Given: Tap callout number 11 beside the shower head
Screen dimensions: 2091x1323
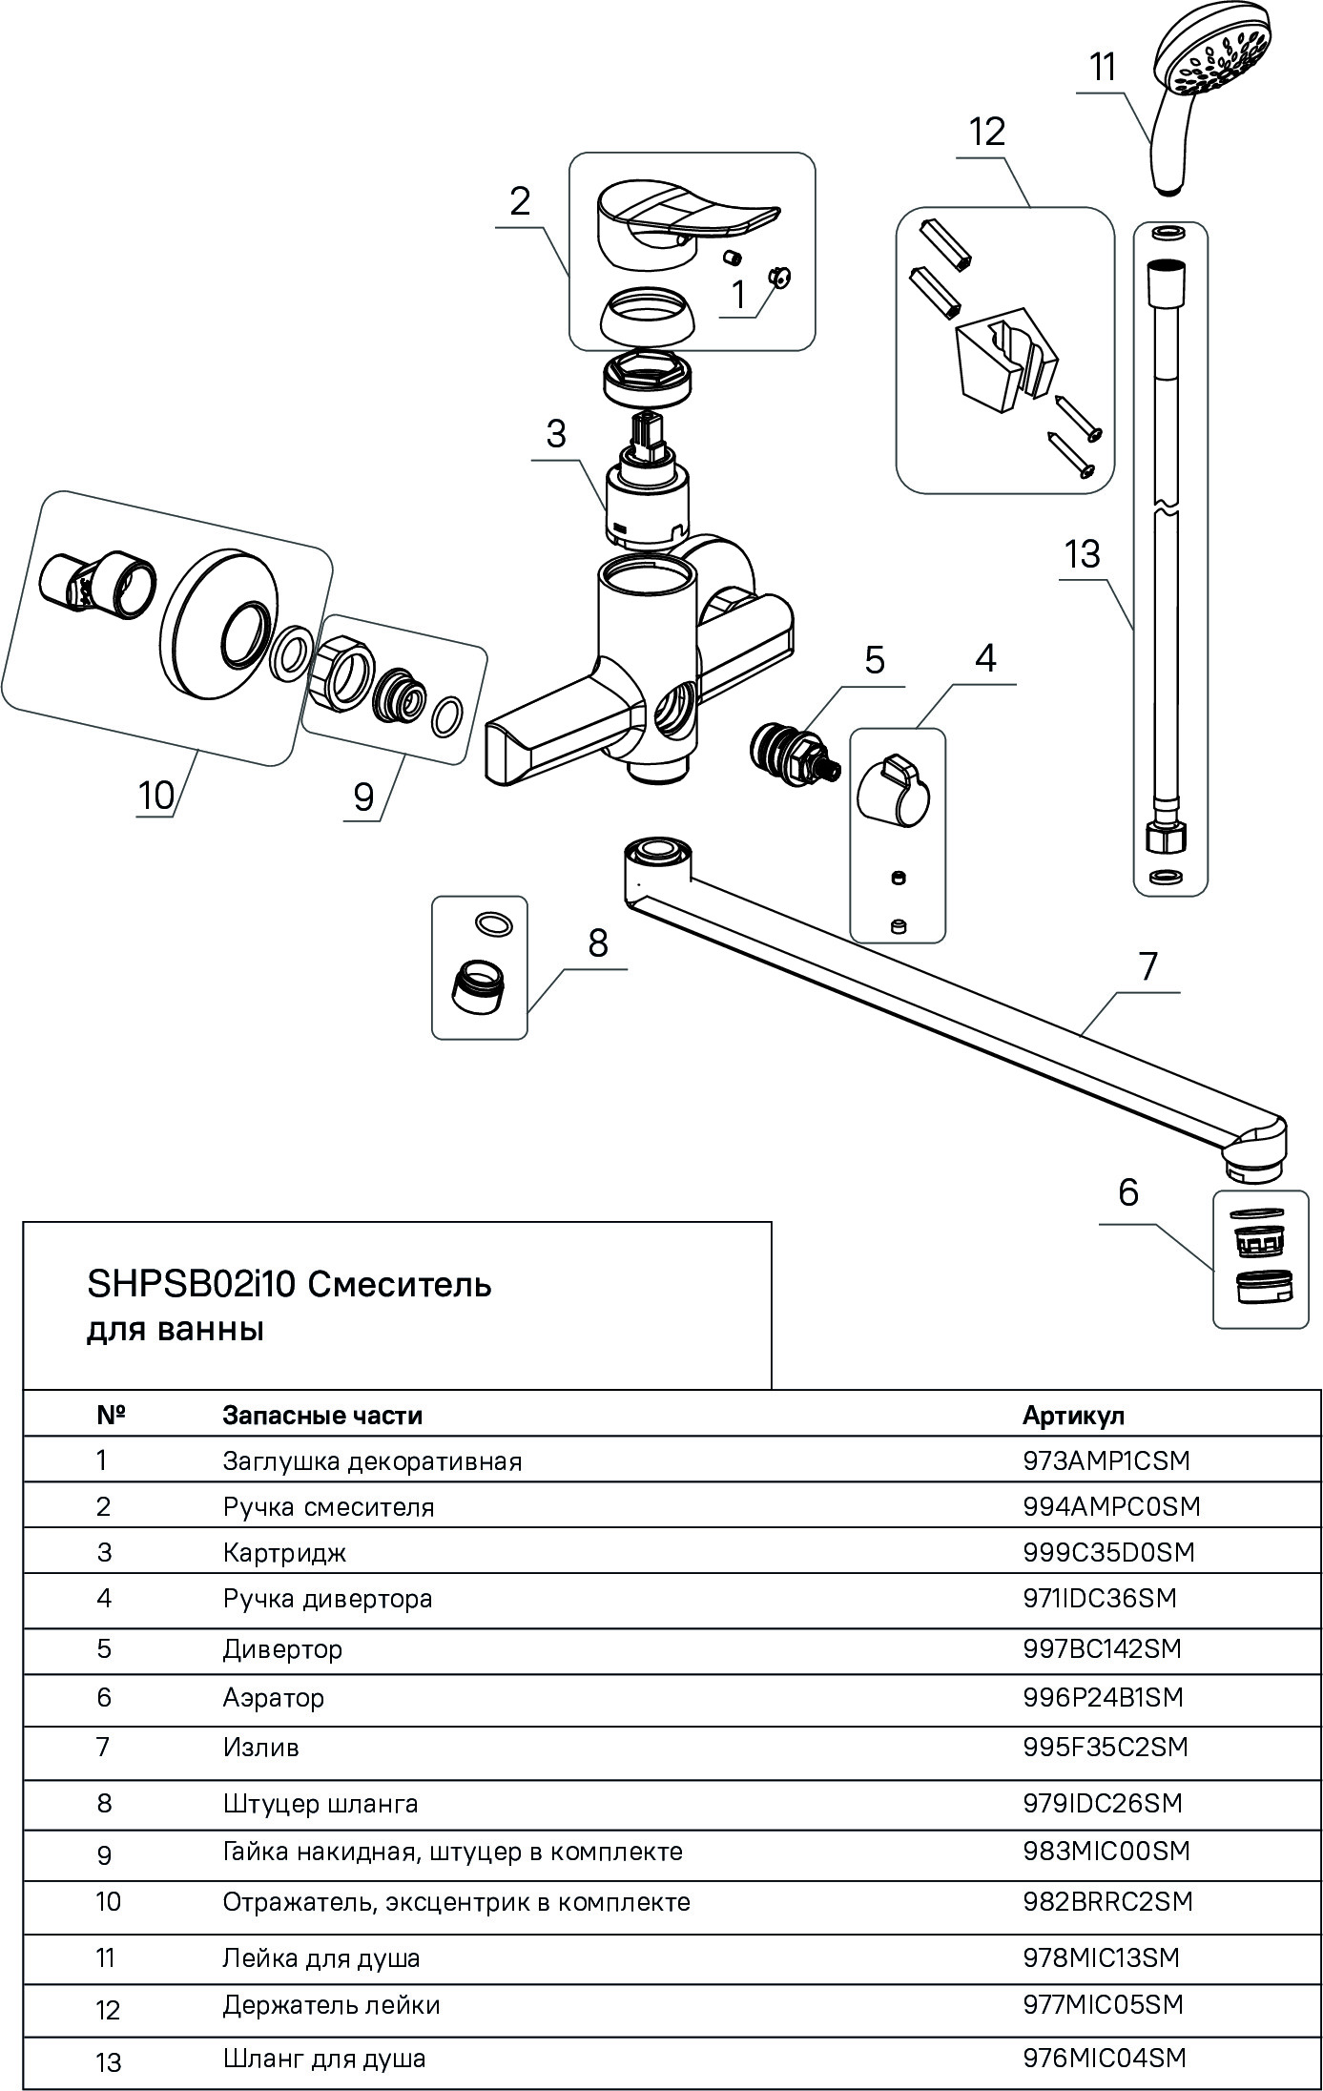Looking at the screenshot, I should point(1103,69).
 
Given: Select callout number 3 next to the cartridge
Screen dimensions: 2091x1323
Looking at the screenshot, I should point(555,435).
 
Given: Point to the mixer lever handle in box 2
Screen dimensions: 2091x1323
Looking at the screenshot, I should point(679,214).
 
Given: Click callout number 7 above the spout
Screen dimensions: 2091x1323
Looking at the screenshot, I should point(1147,967).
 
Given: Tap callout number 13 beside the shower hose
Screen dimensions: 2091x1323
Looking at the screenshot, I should point(1083,554).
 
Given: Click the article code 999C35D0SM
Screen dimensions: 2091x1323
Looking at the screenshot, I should point(1108,1552).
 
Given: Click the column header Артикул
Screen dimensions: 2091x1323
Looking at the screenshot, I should point(1073,1415).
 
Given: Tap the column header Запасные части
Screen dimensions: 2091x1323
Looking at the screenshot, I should point(322,1415).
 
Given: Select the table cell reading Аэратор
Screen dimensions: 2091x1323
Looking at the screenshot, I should point(274,1698).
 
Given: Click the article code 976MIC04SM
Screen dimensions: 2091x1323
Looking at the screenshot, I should point(1105,2058).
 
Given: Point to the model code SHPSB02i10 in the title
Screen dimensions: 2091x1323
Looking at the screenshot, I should point(194,1285).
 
